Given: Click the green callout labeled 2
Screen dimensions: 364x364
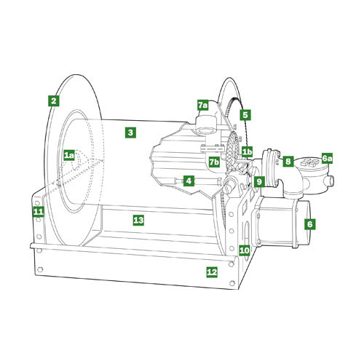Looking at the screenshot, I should [53, 100].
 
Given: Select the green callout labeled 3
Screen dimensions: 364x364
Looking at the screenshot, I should [130, 132].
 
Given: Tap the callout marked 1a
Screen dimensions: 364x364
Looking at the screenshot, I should [68, 155].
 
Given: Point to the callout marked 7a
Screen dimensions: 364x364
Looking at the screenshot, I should [203, 105].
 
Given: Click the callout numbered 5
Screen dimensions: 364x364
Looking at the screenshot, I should [245, 114].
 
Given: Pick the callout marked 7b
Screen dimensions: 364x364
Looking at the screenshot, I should [214, 162].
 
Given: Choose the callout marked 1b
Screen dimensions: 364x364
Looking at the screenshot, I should [248, 152].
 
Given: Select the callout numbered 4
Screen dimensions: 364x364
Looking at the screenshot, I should [188, 181].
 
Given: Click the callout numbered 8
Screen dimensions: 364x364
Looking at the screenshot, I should [288, 161].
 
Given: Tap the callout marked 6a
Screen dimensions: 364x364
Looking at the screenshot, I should [328, 158].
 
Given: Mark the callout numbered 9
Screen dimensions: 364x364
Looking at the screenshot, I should [259, 181].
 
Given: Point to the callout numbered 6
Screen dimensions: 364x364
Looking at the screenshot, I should [309, 224].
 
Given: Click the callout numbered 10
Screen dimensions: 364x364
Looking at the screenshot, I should [244, 250].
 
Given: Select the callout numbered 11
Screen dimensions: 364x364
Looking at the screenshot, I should [39, 212].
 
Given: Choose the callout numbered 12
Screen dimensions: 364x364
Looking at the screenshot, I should [212, 272].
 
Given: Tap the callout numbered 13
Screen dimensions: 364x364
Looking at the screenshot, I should [138, 219].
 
